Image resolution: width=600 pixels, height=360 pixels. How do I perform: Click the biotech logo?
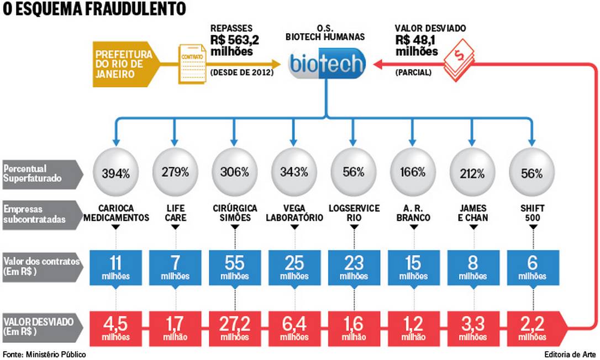[327, 64]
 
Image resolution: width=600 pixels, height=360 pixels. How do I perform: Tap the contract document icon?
[191, 64]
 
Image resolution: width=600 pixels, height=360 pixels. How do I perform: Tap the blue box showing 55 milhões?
[234, 266]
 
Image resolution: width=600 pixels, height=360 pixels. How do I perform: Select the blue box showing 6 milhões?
[531, 266]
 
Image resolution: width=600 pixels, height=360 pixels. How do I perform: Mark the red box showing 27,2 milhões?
[234, 327]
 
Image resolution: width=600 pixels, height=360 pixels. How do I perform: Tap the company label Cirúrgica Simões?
[234, 213]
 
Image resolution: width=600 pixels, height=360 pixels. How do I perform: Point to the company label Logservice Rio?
[354, 213]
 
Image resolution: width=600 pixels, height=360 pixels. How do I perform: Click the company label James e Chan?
[472, 213]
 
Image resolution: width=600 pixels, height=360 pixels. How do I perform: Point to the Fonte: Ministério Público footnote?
[44, 354]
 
